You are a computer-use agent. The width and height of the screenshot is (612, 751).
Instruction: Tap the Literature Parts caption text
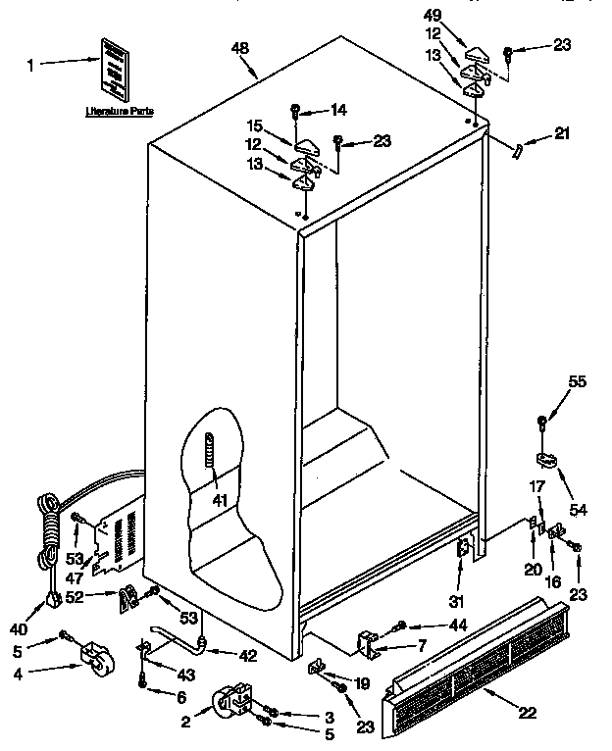(x=116, y=112)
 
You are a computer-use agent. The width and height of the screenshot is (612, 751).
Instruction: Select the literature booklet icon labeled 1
(x=116, y=69)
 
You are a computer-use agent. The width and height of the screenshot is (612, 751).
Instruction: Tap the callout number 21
(x=561, y=134)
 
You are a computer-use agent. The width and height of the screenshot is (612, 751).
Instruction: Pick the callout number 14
(x=339, y=109)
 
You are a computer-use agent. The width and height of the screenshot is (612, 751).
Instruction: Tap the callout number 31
(x=454, y=601)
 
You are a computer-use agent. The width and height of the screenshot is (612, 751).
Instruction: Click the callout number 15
(x=254, y=125)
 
